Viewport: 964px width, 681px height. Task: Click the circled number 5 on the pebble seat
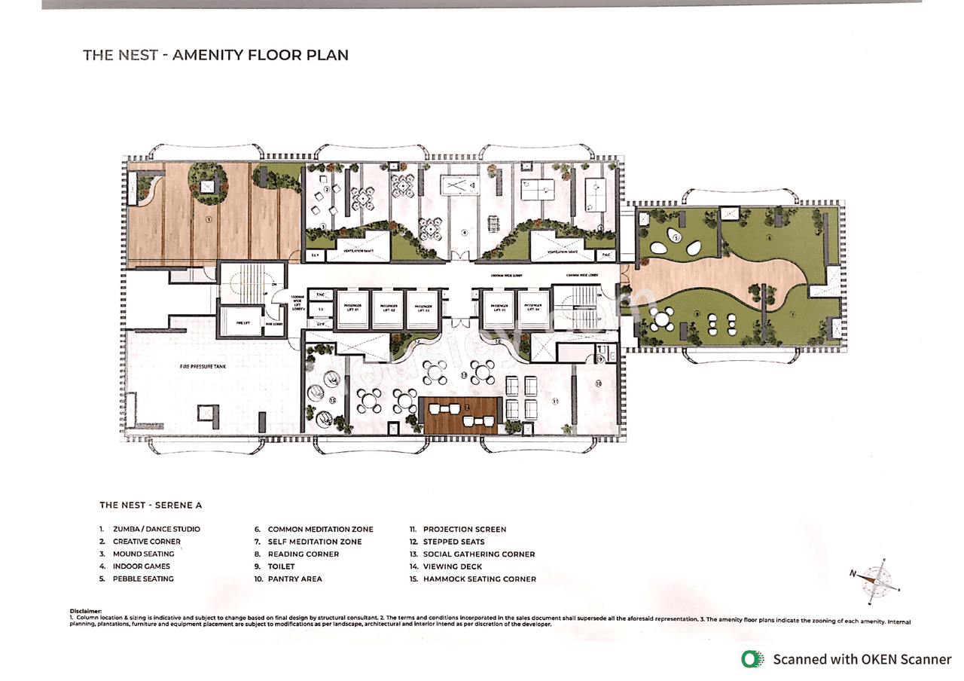click(676, 238)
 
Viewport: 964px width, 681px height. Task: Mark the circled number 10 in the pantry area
click(598, 383)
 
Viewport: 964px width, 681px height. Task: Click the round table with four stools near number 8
click(662, 320)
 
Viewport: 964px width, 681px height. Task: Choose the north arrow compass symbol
click(876, 579)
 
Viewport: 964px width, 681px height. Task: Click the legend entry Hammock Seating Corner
click(479, 579)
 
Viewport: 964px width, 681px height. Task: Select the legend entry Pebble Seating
click(143, 579)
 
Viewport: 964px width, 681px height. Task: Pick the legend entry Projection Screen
click(464, 529)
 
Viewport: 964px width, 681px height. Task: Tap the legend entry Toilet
click(281, 566)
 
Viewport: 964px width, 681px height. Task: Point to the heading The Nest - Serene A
click(151, 505)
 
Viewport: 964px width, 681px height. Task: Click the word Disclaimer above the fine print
click(85, 611)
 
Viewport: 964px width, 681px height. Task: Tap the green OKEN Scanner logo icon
click(752, 659)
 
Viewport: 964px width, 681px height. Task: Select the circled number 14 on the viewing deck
click(466, 408)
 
